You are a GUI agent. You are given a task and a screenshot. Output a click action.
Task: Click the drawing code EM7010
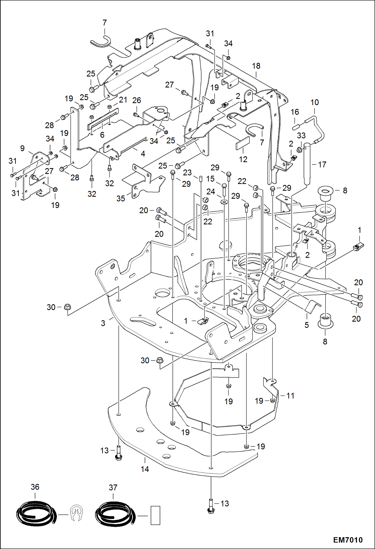348,540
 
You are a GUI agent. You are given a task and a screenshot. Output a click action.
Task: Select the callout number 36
35,487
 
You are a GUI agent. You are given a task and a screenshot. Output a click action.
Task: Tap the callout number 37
113,487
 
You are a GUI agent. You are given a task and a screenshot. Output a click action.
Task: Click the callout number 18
256,66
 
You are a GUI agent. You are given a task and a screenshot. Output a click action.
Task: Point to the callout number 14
145,469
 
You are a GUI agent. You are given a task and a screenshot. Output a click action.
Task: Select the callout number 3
103,323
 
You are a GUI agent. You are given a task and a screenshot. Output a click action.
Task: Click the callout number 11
290,396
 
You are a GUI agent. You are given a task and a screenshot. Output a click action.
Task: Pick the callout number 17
322,164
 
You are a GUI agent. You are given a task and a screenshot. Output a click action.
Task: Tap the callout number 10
315,102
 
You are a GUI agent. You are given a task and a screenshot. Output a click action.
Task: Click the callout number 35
121,199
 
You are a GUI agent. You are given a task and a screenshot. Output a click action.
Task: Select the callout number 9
22,148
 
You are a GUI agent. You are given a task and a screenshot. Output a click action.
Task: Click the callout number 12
243,159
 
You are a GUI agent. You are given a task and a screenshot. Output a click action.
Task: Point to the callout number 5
307,325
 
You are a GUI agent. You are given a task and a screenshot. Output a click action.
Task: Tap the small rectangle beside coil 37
155,515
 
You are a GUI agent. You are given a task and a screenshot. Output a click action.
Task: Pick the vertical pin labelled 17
307,163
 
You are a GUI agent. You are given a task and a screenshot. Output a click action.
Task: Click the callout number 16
295,112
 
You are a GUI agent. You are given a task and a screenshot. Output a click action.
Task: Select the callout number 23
187,172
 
